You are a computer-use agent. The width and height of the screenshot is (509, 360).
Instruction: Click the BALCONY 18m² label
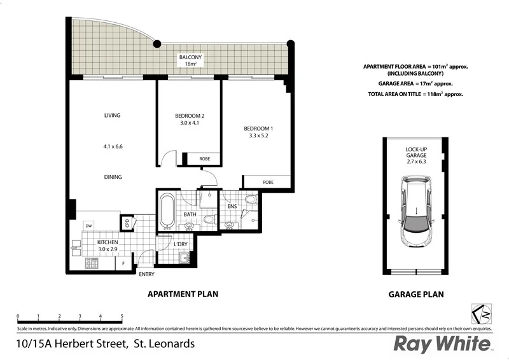(190, 60)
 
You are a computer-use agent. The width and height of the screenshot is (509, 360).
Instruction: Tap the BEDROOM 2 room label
(190, 116)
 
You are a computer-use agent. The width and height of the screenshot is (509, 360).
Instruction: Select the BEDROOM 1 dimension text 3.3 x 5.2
(258, 136)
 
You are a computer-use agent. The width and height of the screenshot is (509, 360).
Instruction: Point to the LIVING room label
(113, 115)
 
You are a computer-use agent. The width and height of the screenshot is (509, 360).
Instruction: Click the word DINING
(113, 177)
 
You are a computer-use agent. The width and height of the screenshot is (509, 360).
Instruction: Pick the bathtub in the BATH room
(167, 211)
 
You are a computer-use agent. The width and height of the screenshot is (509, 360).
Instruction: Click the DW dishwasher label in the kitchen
(89, 226)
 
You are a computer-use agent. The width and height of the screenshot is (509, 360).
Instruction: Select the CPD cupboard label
(127, 223)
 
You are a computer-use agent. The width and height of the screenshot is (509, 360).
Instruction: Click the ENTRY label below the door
(146, 274)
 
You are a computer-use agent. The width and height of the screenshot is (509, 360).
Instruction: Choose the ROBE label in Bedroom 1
(268, 182)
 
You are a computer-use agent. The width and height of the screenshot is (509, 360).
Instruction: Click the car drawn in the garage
(416, 212)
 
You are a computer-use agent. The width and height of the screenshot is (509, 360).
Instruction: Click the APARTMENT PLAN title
(183, 294)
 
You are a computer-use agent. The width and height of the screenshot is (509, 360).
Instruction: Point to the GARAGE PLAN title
(416, 294)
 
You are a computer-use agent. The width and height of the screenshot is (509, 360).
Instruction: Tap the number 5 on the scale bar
(122, 316)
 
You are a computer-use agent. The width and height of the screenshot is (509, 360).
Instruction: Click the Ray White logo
(443, 343)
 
